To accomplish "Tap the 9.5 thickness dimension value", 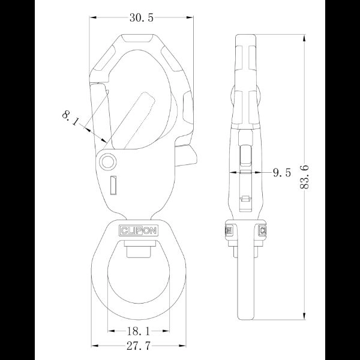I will (281, 173).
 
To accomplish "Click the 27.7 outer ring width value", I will (139, 346).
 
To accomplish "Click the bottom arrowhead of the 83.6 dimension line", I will (306, 320).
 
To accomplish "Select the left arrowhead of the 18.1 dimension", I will (110, 331).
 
